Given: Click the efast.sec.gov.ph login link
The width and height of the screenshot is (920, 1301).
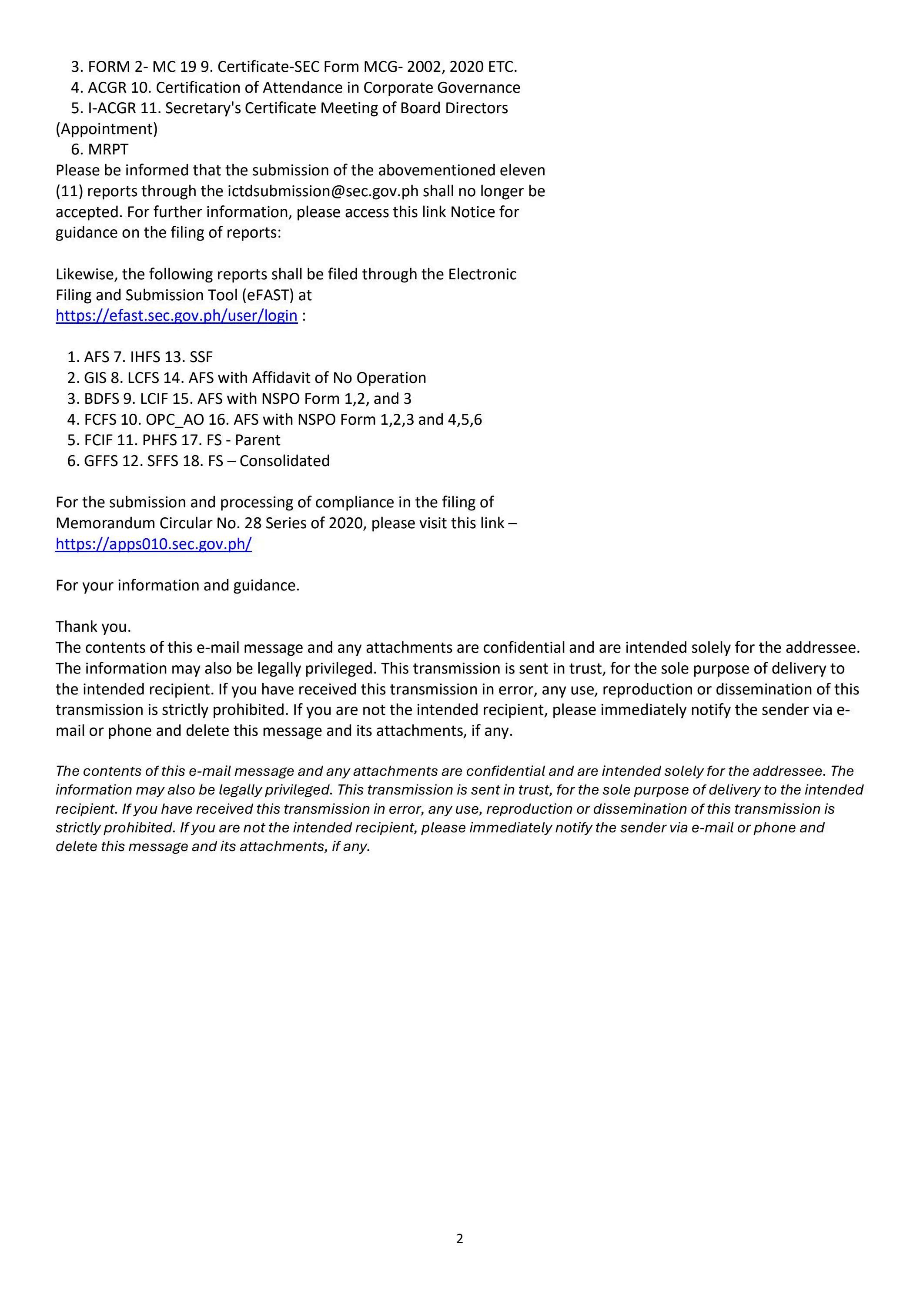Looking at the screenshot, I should [x=176, y=315].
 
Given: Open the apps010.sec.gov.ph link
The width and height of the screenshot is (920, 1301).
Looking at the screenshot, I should [x=154, y=544].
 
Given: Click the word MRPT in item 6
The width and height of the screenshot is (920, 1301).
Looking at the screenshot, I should [x=108, y=150].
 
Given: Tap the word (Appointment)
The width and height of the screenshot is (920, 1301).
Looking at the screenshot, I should [x=107, y=129].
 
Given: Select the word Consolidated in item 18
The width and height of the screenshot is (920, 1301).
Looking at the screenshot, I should [x=284, y=461].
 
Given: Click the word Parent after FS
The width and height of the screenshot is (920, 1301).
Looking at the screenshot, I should [x=258, y=440].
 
